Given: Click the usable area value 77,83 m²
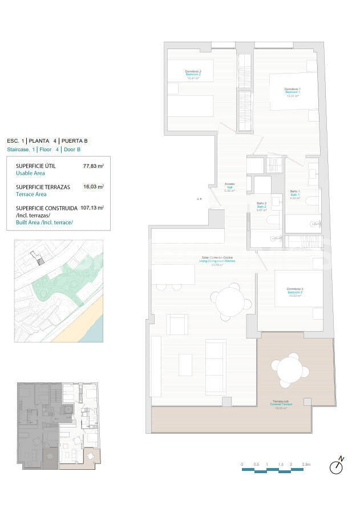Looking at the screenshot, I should (x=93, y=167).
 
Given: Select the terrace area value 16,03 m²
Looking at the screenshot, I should (x=93, y=187).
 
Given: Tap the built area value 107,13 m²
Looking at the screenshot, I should (x=92, y=208).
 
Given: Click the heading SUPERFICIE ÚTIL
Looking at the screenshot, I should (x=36, y=166).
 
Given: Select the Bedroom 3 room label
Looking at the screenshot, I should (x=295, y=292).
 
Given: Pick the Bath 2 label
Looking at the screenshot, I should (x=261, y=207).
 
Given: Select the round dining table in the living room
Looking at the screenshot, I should (x=230, y=300).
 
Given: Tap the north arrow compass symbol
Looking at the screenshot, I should (x=337, y=466).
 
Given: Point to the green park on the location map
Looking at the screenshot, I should (x=57, y=281).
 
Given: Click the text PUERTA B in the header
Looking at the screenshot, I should (x=74, y=140).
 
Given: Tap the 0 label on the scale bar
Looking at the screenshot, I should (x=242, y=465).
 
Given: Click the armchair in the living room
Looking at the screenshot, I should (x=177, y=325).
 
